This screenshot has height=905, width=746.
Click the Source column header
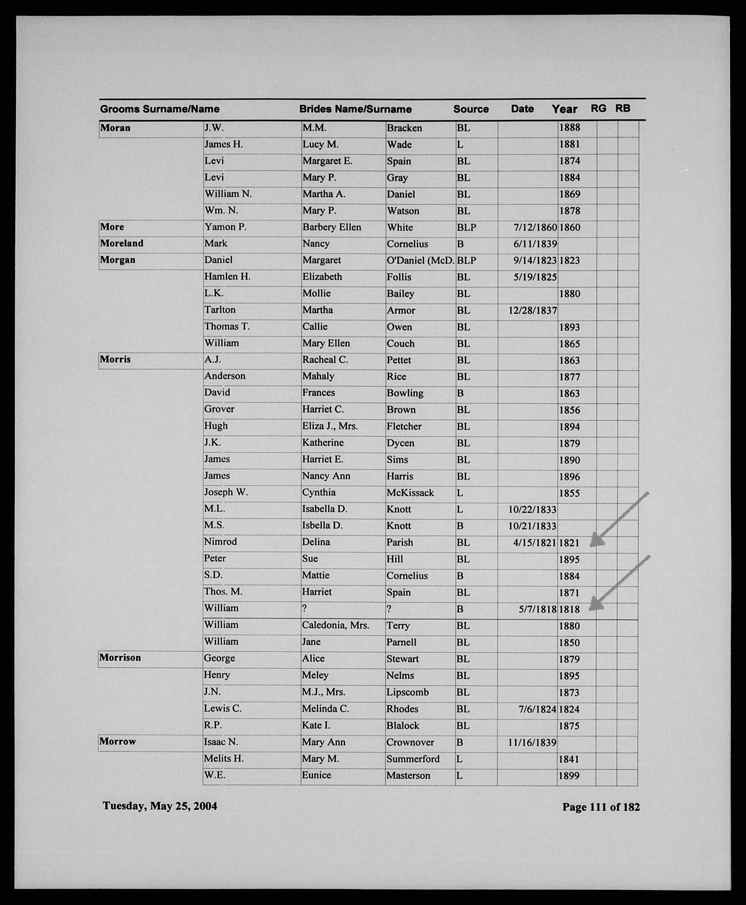coord(471,109)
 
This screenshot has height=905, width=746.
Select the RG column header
coord(598,108)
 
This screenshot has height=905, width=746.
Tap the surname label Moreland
coord(122,243)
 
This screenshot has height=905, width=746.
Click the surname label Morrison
coord(120,657)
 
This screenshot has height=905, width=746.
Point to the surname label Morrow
coord(117,741)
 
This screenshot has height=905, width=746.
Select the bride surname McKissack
coord(410,493)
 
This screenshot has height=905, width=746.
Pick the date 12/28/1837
coord(533,310)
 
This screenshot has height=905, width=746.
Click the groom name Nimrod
coord(220,542)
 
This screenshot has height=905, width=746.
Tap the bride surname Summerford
coord(413,759)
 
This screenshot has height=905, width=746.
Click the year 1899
coord(570,776)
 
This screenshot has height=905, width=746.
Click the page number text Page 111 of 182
coord(601,807)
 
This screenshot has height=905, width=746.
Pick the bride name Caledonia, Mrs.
coord(335,625)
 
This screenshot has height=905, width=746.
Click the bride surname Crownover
coord(410,742)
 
